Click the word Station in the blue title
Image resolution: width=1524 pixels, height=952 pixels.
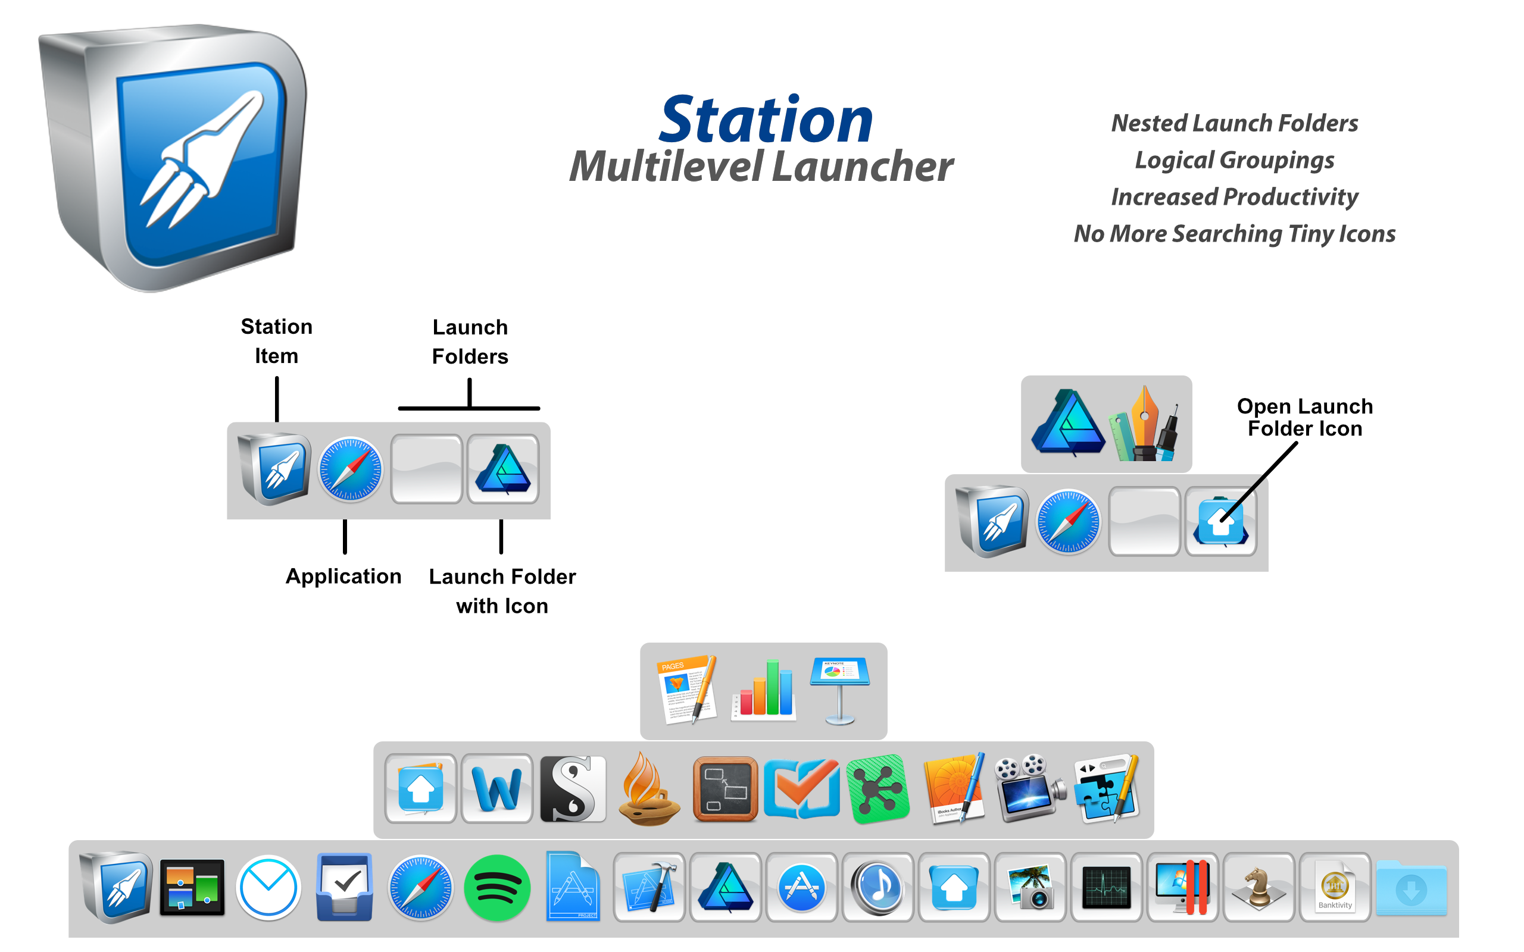(766, 120)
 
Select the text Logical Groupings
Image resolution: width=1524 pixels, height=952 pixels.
(1233, 160)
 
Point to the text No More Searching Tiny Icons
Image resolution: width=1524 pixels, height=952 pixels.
(1233, 234)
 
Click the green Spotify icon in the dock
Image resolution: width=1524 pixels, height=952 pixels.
(497, 888)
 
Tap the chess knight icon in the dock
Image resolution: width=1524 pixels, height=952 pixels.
(1258, 888)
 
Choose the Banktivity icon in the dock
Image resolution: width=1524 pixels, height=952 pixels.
(1335, 888)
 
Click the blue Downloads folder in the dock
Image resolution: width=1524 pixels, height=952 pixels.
(1411, 888)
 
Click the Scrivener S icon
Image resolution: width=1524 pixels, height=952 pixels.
(573, 790)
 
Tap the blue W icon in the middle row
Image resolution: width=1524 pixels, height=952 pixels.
(497, 790)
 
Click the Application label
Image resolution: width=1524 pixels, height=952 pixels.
(343, 576)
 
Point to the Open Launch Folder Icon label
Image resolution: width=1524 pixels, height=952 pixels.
(1304, 417)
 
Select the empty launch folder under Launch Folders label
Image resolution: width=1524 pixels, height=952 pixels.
(426, 469)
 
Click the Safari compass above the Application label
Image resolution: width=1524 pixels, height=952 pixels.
(350, 469)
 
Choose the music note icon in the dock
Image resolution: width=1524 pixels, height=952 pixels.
(877, 888)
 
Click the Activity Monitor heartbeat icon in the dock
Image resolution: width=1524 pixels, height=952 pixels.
(1106, 888)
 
